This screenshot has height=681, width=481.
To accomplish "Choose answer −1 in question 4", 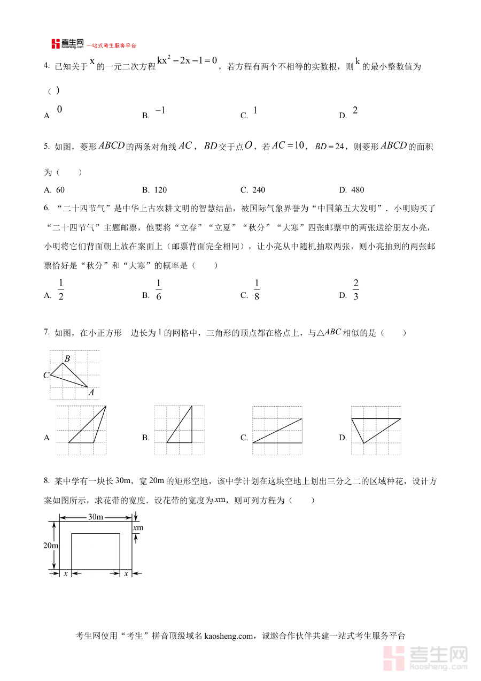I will coord(160,111).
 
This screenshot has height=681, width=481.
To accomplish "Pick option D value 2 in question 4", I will coord(355,111).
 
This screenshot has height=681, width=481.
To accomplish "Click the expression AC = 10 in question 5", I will coord(288,146).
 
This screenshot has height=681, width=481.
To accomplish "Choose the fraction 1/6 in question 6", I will coord(159,290).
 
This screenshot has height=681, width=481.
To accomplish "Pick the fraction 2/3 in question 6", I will coord(356,290).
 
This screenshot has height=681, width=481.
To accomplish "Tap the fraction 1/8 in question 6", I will coord(257,290).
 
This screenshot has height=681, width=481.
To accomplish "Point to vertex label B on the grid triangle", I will coord(67,358).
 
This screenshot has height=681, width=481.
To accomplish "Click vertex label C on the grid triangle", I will coord(46,375).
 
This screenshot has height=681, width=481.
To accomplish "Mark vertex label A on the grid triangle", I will coord(91,392).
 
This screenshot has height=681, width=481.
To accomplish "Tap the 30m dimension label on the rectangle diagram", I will coord(96,517).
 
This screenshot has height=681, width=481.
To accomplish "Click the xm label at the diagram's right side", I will coord(138,527).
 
